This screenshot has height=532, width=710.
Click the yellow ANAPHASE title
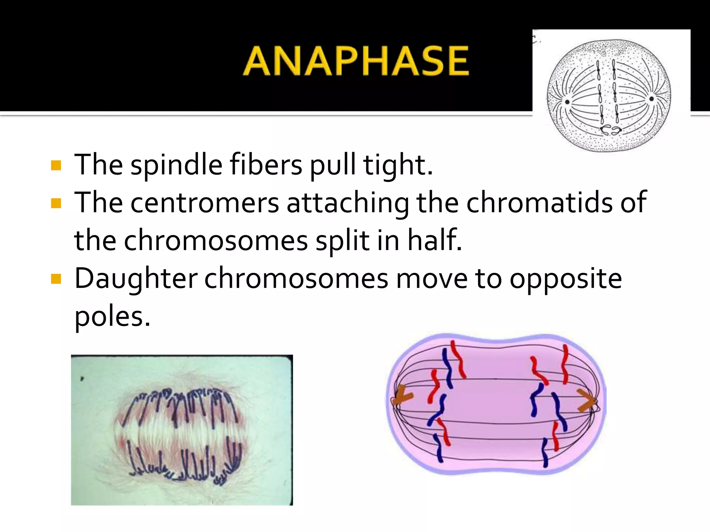coord(356,61)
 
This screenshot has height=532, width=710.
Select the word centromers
coord(205,203)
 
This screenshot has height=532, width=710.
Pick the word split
coord(342,240)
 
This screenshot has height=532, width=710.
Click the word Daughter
coord(136,278)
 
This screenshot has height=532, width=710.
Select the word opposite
coord(565,278)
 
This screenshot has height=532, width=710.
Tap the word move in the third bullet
coord(432,278)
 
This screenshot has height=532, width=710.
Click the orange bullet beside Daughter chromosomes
coord(56,278)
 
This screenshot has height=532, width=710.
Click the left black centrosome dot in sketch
coord(568,102)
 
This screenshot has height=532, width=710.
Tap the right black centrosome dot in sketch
coord(651,99)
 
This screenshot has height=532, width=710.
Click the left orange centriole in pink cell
coord(402,397)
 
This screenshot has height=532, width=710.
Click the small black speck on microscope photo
coord(82,379)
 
